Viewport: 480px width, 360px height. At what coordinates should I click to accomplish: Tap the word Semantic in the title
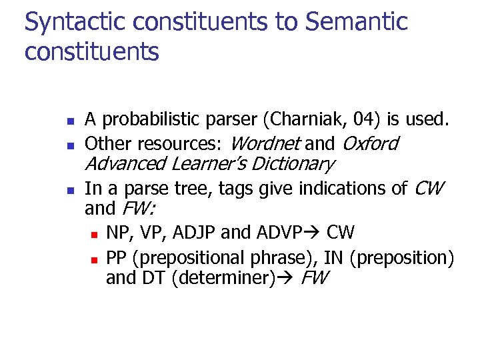point(356,21)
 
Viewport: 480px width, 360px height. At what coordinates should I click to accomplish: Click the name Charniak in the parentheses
point(301,120)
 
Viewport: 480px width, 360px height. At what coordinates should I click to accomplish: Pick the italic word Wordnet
point(265,143)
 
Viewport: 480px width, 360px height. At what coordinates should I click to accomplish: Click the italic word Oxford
point(370,143)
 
